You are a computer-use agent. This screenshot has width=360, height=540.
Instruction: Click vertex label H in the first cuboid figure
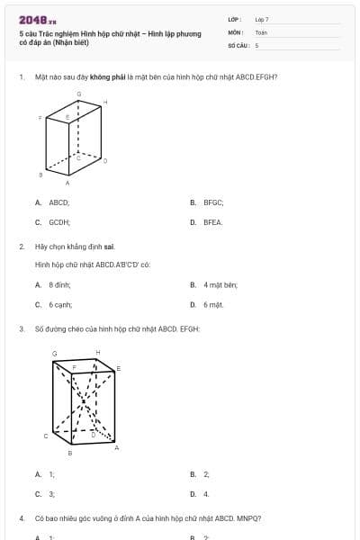pos(105,102)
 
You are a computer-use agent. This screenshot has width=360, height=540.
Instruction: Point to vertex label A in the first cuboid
pos(67,182)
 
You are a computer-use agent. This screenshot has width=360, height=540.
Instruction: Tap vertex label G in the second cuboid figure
pos(55,353)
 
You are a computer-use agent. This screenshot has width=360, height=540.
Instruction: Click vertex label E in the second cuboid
pos(119,368)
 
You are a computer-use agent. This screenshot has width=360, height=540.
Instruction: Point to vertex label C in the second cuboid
pos(46,436)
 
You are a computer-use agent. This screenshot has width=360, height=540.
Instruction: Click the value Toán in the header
pos(261,31)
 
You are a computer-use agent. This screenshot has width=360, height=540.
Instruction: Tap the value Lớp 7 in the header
pos(262,19)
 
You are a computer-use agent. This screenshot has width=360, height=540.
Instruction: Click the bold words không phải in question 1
pos(106,77)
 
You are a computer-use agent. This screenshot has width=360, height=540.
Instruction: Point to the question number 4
pos(21,519)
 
